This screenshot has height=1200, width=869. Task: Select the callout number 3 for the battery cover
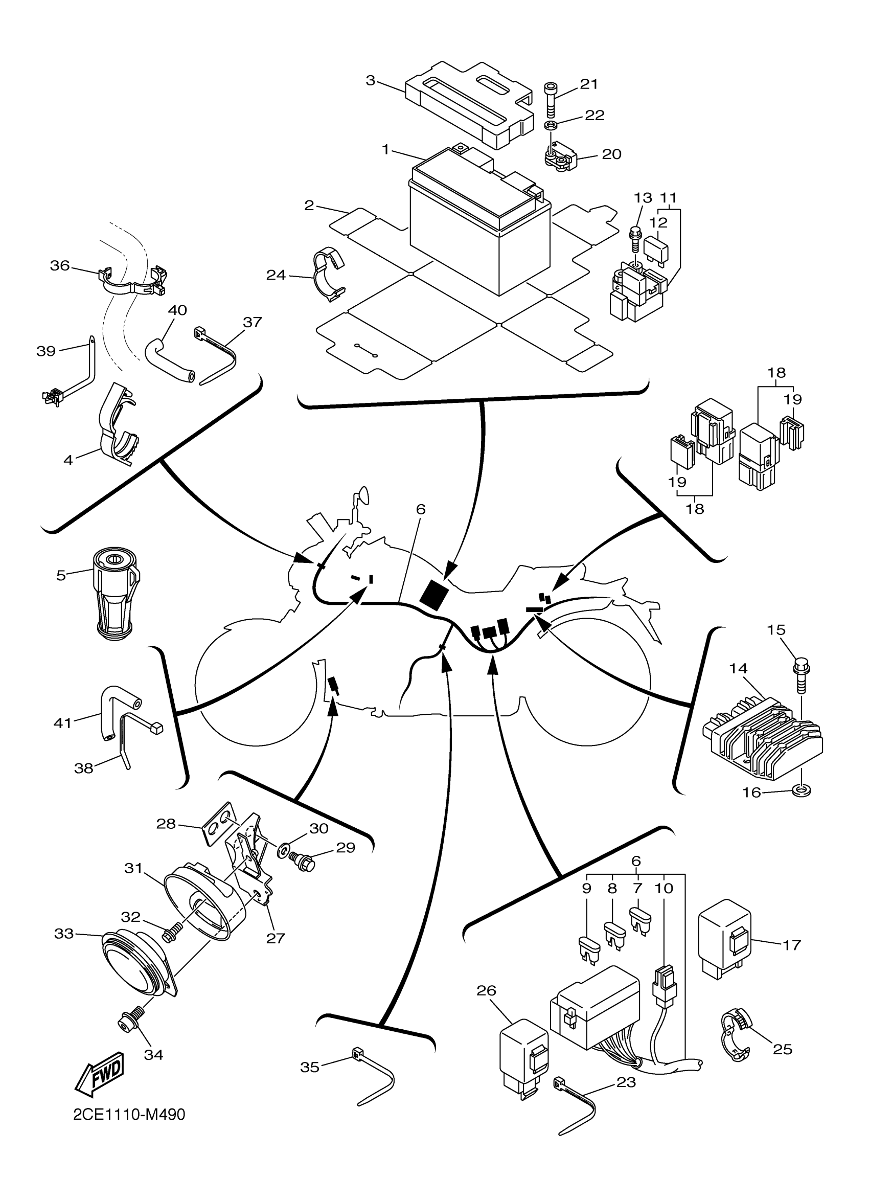coord(370,80)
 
